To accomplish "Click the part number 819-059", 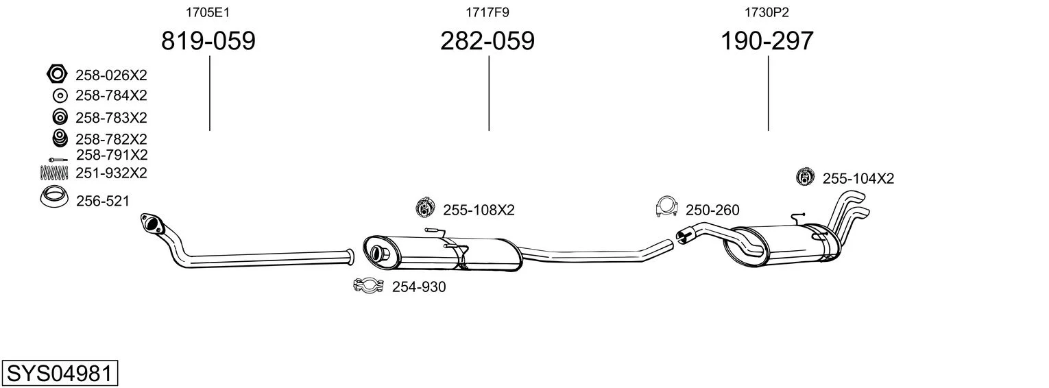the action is click(x=208, y=40).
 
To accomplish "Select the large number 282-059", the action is click(x=487, y=40).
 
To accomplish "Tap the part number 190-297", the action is click(x=767, y=40).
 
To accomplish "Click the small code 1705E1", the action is click(x=208, y=12).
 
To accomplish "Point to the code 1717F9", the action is click(x=487, y=12).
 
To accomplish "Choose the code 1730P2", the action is click(x=767, y=12).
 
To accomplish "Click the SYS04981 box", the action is click(x=60, y=373).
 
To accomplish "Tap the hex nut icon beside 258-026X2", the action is click(x=57, y=74).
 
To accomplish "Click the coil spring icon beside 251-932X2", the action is click(x=54, y=173).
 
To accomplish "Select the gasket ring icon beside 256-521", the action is click(x=54, y=197).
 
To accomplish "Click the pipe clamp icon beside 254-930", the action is click(x=369, y=285).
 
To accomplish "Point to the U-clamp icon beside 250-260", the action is click(x=667, y=206).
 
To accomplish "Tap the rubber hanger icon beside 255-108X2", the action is click(x=425, y=207).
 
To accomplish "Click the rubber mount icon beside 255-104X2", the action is click(x=805, y=176).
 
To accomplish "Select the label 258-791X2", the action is click(x=112, y=154).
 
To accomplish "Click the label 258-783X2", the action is click(x=112, y=117).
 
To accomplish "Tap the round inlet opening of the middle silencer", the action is click(x=376, y=253).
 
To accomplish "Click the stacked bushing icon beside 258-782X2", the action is click(x=60, y=138).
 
